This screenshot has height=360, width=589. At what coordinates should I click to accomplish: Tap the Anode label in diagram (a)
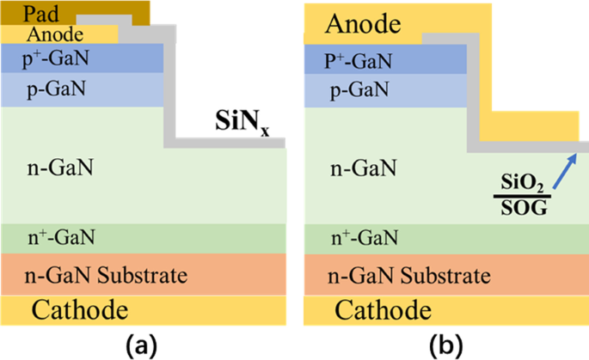55,34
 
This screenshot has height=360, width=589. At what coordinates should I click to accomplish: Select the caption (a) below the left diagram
141,345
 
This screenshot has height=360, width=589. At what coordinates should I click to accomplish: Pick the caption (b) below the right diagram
445,345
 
